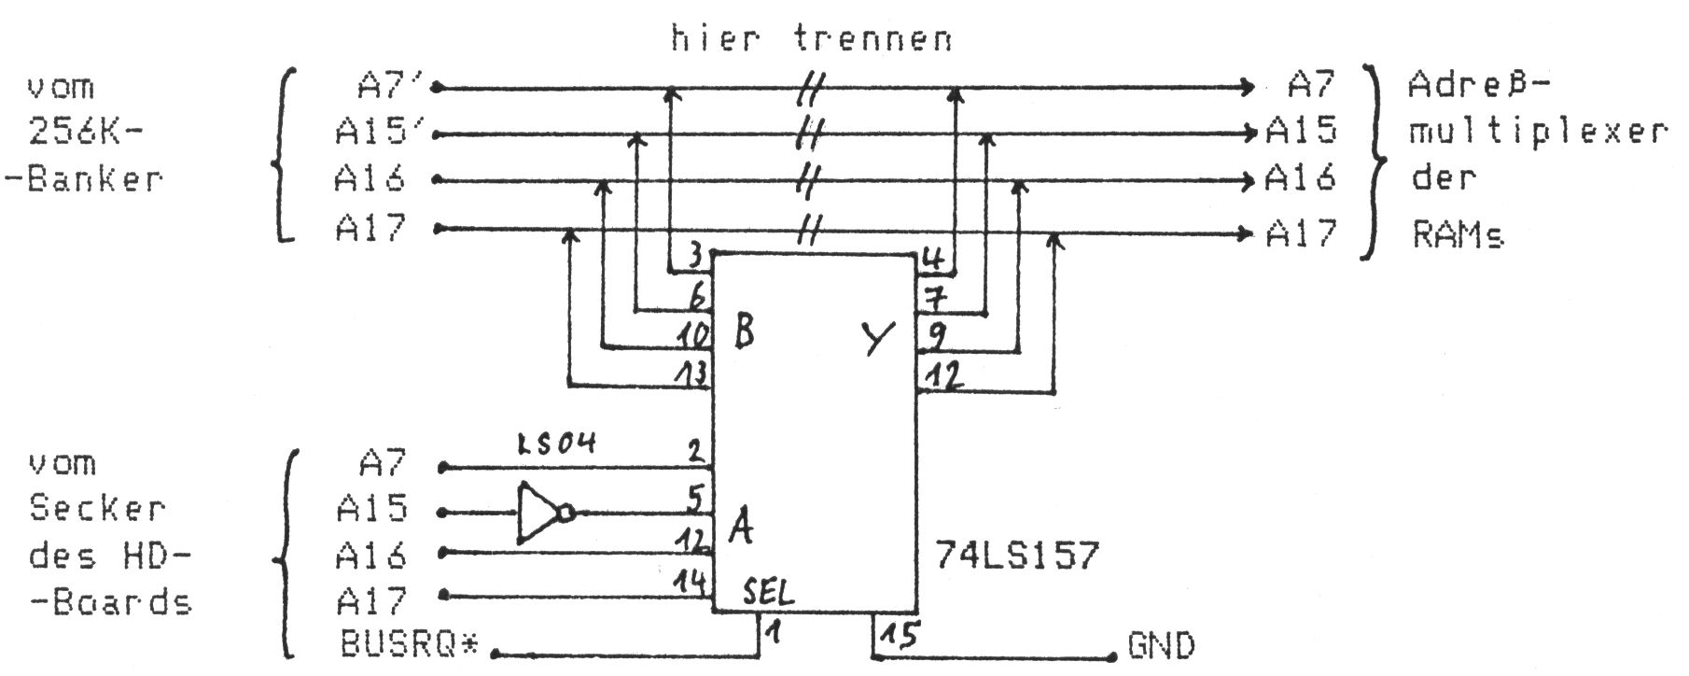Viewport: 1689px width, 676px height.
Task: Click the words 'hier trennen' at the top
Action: coord(812,39)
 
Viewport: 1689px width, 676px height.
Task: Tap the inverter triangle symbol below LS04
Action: coord(540,513)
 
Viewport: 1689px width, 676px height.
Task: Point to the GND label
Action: coord(1161,646)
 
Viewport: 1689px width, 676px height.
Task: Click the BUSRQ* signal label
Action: coord(409,645)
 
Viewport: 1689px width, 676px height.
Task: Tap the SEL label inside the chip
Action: coord(769,591)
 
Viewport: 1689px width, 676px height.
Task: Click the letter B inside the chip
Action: coord(744,331)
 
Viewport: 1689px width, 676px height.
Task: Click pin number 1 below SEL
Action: coord(774,633)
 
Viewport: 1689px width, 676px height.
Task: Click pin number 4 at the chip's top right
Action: coord(932,259)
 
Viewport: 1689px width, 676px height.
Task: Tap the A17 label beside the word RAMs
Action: coord(1301,232)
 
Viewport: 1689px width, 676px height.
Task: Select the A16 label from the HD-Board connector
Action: coord(370,556)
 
